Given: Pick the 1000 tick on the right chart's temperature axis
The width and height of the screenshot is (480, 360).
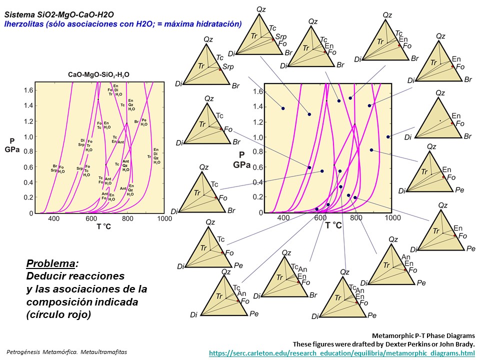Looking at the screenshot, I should click(x=392, y=218).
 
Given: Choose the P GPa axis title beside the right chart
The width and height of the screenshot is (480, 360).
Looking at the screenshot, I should click(x=241, y=159).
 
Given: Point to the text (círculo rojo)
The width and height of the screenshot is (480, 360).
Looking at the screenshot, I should click(x=59, y=314).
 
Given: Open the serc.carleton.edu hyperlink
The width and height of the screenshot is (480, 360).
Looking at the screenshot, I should click(x=341, y=353).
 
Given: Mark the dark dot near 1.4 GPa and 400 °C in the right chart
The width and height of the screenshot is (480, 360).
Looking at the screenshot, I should click(x=283, y=108).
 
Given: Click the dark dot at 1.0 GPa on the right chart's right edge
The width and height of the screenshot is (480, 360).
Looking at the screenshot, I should click(x=388, y=136).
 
